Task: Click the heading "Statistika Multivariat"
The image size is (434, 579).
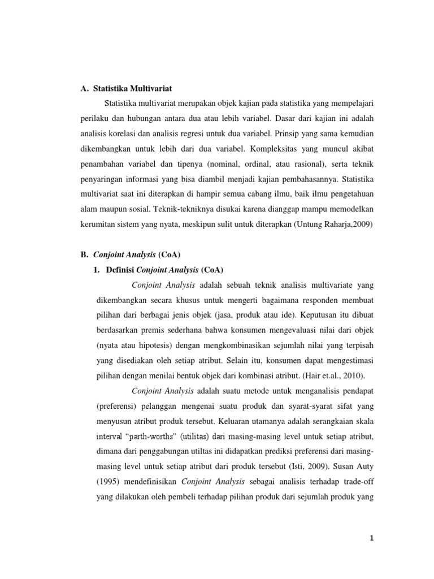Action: [x=132, y=89]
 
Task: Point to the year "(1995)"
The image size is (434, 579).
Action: [x=105, y=482]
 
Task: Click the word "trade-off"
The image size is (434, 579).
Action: [x=358, y=482]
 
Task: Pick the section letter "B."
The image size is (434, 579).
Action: [x=85, y=254]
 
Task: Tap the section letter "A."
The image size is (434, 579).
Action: [x=85, y=89]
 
